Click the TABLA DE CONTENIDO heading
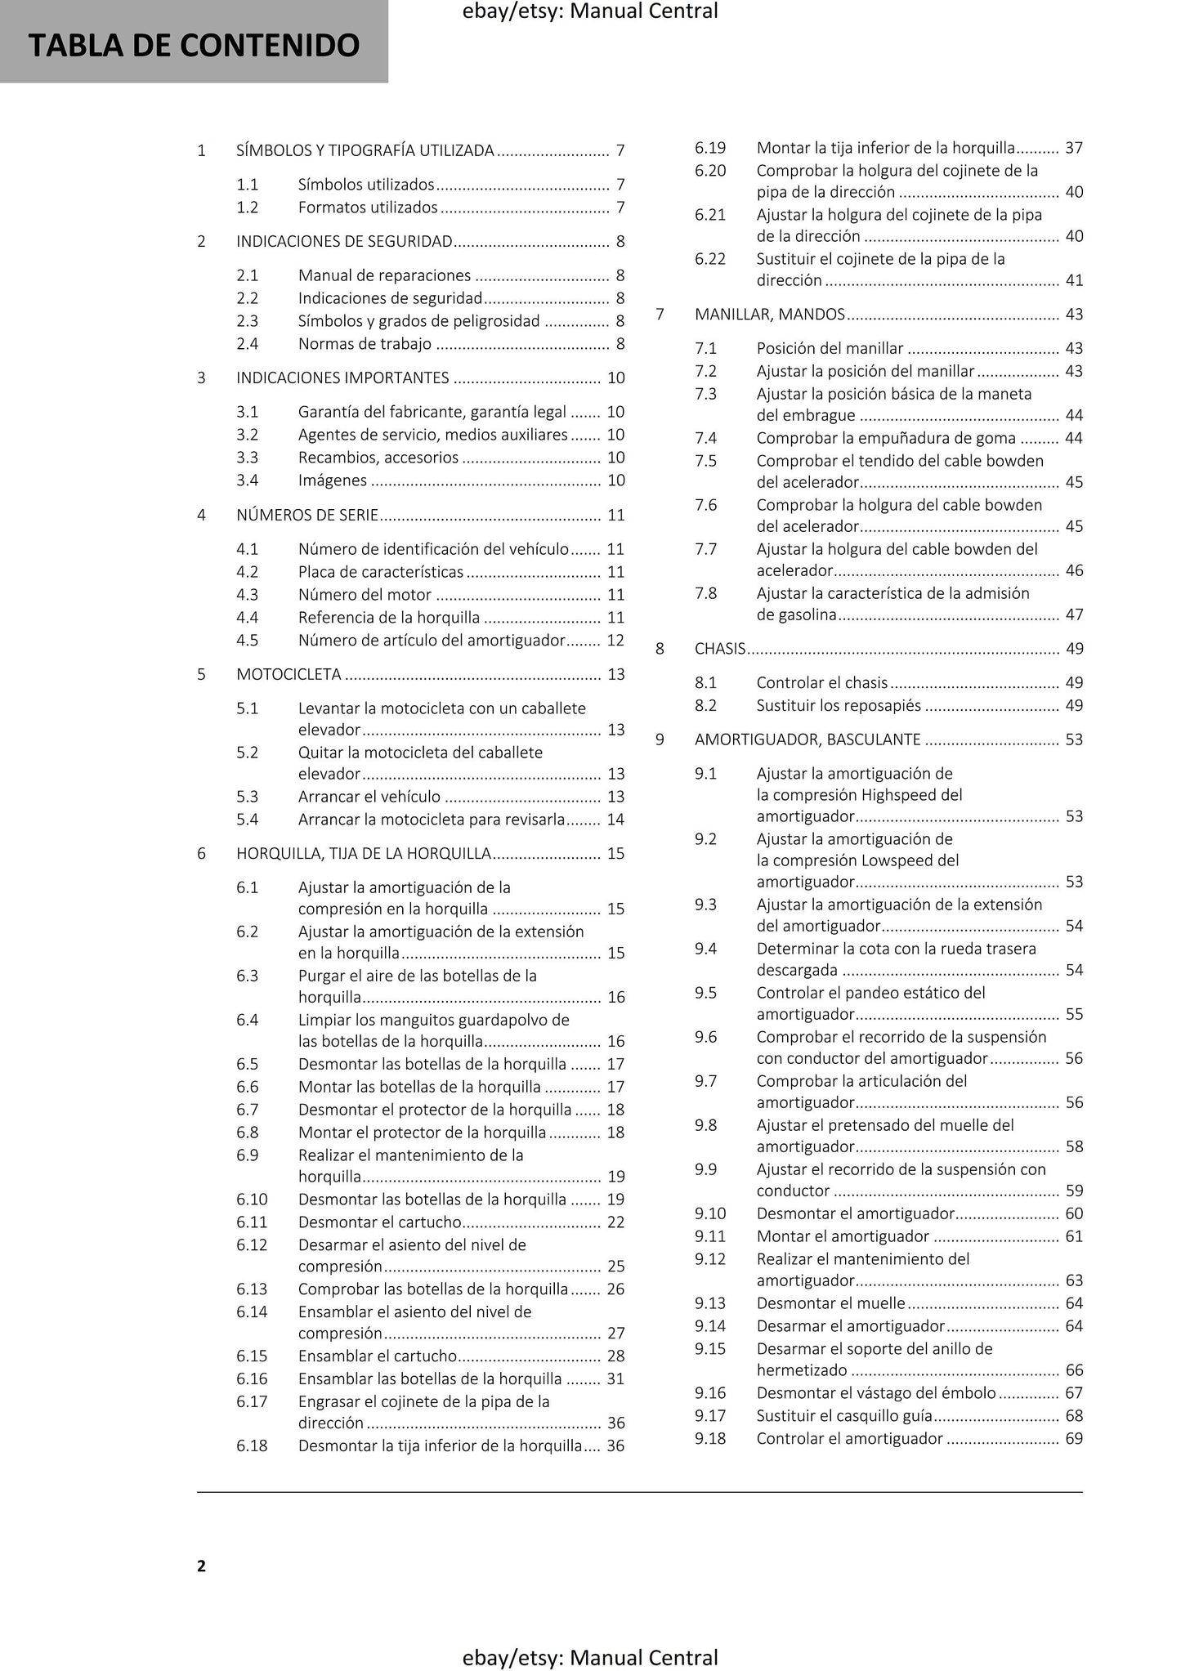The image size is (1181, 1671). [x=194, y=46]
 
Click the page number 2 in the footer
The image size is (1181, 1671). [x=201, y=1566]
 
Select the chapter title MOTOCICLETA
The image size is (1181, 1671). [x=289, y=674]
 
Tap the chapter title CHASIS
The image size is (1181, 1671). [x=720, y=649]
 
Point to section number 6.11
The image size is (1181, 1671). [x=252, y=1222]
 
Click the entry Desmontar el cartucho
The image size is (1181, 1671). [x=380, y=1222]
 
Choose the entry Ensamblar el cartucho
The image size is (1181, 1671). [x=378, y=1356]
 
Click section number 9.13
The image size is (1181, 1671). [x=710, y=1302]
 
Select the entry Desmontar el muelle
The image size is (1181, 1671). [x=830, y=1302]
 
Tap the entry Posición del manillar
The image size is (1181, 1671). [x=830, y=348]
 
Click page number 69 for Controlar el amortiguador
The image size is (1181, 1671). [x=1074, y=1438]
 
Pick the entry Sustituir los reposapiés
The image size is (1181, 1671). [x=839, y=705]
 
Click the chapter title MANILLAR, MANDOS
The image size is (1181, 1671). [x=770, y=315]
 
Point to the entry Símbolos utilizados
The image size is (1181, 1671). [x=366, y=185]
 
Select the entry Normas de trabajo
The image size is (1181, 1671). [x=365, y=344]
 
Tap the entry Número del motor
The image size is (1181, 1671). [x=365, y=595]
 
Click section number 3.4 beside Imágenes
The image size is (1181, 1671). [x=247, y=480]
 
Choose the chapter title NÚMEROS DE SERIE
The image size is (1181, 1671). [x=307, y=515]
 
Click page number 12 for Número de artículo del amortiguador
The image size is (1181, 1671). [x=615, y=641]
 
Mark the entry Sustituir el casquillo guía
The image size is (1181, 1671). [x=845, y=1415]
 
